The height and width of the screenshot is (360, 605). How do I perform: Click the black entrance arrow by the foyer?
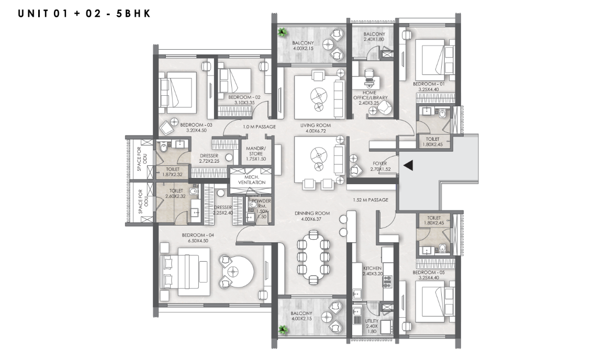click(408, 165)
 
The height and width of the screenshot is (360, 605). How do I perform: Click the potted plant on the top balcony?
click(283, 32)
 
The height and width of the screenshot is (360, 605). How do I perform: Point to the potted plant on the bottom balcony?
click(283, 329)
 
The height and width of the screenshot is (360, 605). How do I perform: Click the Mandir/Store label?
click(256, 151)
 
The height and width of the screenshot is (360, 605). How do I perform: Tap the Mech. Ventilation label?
click(252, 179)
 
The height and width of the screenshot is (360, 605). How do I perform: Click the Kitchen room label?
click(372, 268)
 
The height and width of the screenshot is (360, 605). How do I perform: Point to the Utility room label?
click(372, 321)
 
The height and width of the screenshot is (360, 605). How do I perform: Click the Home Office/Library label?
click(370, 95)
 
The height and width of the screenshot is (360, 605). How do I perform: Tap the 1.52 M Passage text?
click(371, 200)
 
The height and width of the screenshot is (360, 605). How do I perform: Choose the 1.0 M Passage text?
click(259, 127)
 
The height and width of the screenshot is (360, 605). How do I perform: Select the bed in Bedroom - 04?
click(185, 273)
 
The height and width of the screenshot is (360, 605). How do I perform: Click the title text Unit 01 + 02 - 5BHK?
click(84, 14)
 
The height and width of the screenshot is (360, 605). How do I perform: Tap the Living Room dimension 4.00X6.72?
click(316, 131)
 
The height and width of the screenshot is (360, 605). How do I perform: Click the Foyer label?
click(379, 164)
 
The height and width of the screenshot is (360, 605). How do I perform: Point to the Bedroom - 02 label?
click(244, 97)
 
